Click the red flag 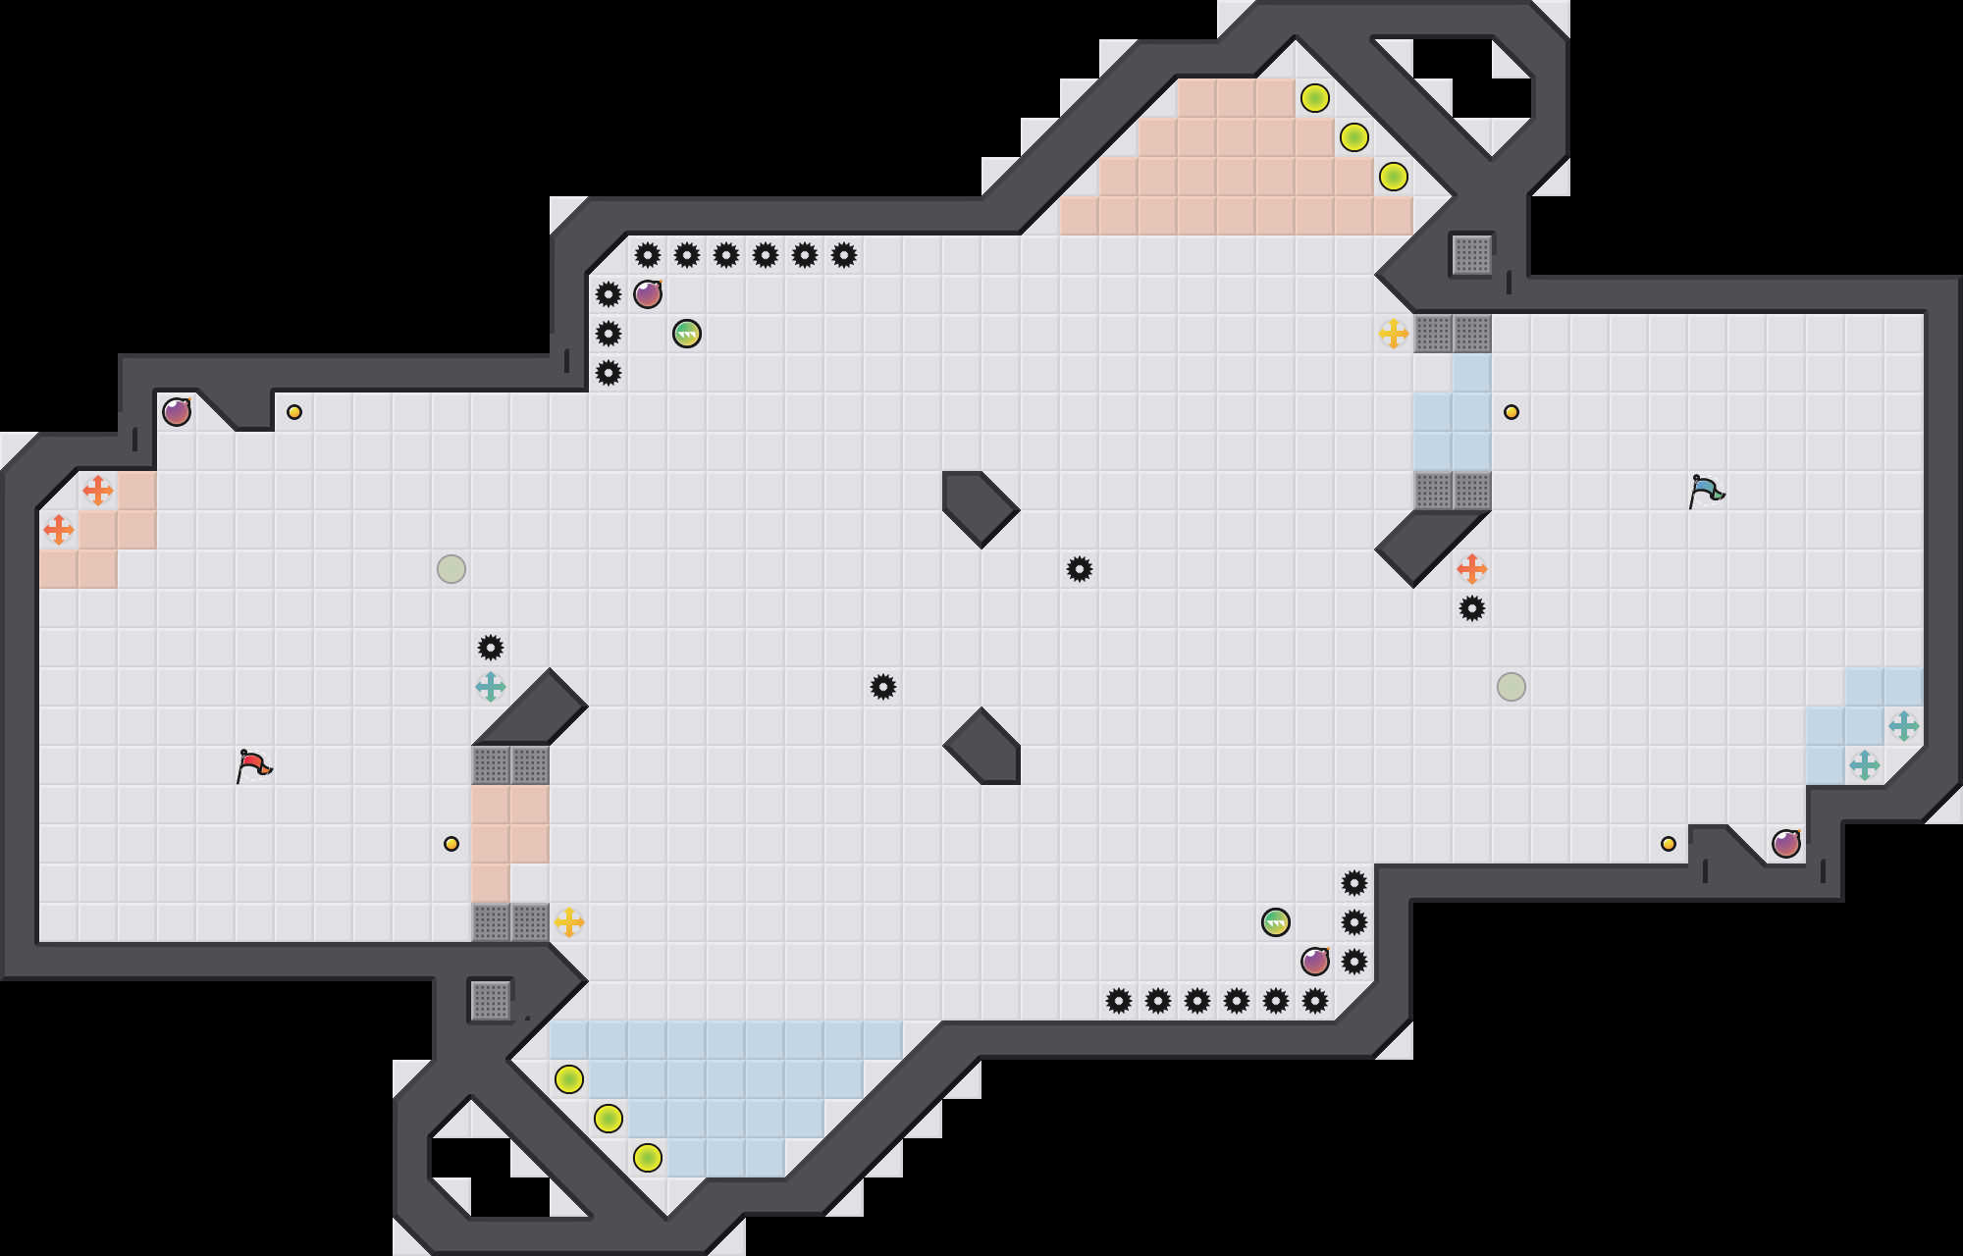253,765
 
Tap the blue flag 1706,491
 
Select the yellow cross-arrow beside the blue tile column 1394,334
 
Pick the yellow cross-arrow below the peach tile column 569,922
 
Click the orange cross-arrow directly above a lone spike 1472,569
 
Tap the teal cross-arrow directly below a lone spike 491,687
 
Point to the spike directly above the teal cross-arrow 491,648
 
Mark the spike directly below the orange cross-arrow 1472,608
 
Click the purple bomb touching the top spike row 648,294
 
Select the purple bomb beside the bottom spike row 1315,962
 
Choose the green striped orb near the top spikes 687,334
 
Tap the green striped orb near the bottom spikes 1276,922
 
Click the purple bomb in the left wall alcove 177,412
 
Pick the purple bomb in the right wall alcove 1786,844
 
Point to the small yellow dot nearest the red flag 451,844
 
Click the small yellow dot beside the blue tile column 1512,412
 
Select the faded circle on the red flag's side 451,569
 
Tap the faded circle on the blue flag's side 1512,687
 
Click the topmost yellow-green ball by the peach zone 1315,98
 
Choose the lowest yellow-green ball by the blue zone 648,1158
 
